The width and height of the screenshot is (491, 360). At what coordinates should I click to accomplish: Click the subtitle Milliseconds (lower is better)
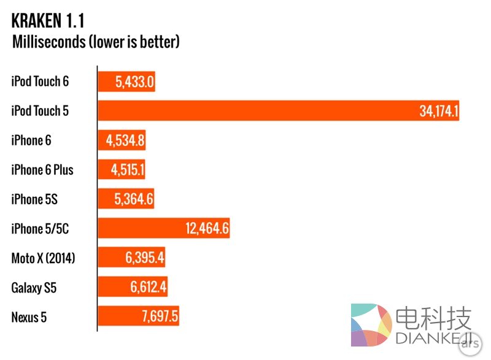[x=96, y=42]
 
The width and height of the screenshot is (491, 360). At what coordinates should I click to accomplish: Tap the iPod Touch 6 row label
[x=40, y=82]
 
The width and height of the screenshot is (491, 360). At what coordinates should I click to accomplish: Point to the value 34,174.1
[x=439, y=111]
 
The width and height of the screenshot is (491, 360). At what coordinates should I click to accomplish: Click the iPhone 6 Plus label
[x=42, y=170]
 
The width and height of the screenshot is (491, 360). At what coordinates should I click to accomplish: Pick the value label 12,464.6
[x=207, y=229]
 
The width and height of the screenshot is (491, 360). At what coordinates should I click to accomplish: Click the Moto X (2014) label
[x=43, y=258]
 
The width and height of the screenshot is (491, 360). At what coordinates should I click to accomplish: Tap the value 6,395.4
[x=145, y=258]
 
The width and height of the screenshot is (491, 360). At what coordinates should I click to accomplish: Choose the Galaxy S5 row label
[x=34, y=288]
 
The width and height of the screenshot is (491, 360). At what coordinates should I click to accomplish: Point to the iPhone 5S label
[x=34, y=199]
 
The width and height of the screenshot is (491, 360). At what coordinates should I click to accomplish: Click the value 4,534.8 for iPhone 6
[x=125, y=140]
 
